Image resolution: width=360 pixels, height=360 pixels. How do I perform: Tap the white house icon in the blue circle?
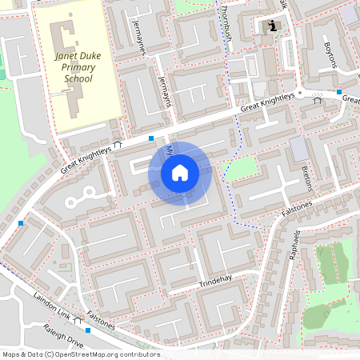(x=180, y=172)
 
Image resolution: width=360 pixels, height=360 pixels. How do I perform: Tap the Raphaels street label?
(x=295, y=245)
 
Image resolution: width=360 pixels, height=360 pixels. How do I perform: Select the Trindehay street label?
(x=215, y=285)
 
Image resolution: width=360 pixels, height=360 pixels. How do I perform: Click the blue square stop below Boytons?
(x=339, y=92)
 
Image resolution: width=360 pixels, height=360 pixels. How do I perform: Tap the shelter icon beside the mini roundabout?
(x=317, y=100)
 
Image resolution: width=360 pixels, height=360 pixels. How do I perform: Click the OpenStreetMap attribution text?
(x=80, y=354)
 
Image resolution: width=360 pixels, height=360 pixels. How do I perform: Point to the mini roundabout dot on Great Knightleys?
(x=300, y=94)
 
